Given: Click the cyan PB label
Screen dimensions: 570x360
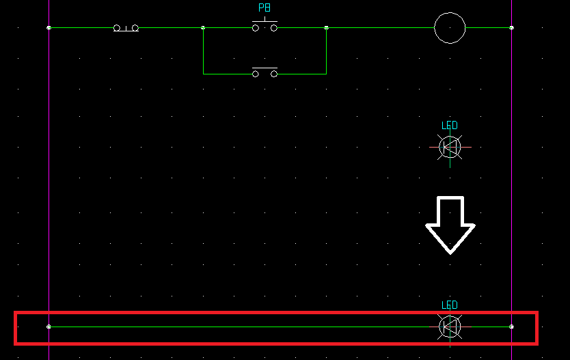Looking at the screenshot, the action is pyautogui.click(x=264, y=8).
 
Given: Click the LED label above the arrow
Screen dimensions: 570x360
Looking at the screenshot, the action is pyautogui.click(x=449, y=125).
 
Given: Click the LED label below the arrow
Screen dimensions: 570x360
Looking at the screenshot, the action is pyautogui.click(x=449, y=305).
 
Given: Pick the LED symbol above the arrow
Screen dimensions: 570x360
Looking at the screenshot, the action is pyautogui.click(x=450, y=147).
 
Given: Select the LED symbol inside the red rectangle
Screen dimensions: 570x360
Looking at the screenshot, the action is pyautogui.click(x=450, y=327).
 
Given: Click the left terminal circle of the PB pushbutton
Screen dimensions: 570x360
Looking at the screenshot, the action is pyautogui.click(x=256, y=28).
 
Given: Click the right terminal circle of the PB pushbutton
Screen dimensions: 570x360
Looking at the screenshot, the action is pyautogui.click(x=274, y=28).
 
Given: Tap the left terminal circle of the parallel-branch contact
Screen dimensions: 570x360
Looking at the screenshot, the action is pyautogui.click(x=256, y=74).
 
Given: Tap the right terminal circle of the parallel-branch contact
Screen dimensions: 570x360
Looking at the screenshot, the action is pyautogui.click(x=274, y=74).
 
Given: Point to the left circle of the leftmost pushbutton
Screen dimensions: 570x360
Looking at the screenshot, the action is pyautogui.click(x=117, y=28).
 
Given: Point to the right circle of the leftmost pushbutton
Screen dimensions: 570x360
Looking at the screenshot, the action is pyautogui.click(x=135, y=28).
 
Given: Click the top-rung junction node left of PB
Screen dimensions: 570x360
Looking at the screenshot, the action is pyautogui.click(x=203, y=27).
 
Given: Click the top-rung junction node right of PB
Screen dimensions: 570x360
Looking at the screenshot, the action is pyautogui.click(x=327, y=27).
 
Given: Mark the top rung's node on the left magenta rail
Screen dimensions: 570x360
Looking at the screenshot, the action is pyautogui.click(x=49, y=27).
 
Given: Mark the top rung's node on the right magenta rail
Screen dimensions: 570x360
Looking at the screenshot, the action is pyautogui.click(x=511, y=27).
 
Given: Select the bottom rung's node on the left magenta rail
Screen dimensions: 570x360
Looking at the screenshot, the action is pyautogui.click(x=49, y=327).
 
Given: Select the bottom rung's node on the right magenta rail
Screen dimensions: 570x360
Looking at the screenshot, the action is pyautogui.click(x=511, y=327).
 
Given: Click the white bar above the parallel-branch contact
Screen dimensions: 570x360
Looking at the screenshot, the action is pyautogui.click(x=264, y=68).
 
